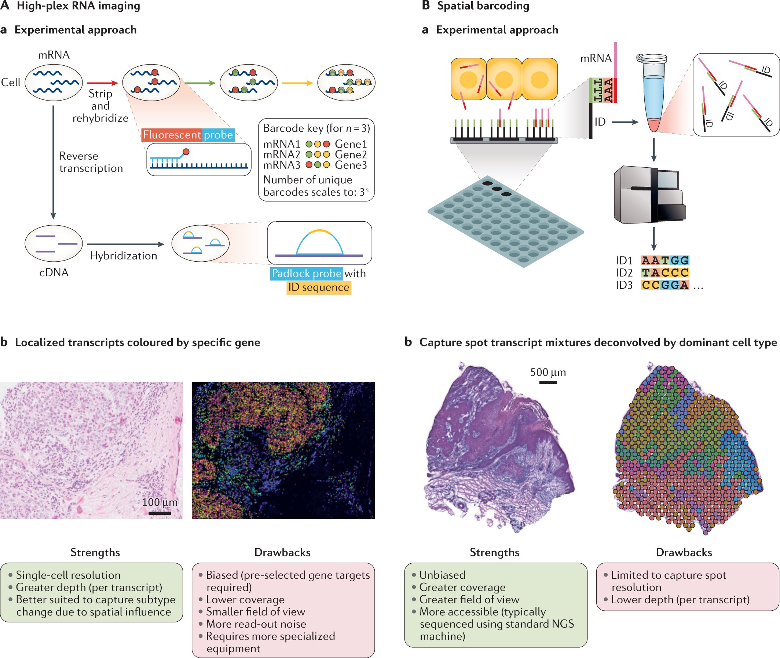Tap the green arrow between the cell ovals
[200, 83]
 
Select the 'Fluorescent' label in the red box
[172, 135]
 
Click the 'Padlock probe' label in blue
[306, 273]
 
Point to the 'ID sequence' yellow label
[319, 287]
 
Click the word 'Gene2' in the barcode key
[351, 154]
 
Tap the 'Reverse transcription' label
[91, 162]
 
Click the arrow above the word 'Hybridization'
[125, 244]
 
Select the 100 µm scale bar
[160, 513]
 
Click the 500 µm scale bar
[548, 382]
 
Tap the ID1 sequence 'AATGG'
[665, 260]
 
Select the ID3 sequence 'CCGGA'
[665, 285]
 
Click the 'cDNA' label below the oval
[54, 272]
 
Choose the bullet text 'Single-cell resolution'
[68, 575]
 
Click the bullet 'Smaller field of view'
[256, 611]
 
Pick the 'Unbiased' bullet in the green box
[442, 575]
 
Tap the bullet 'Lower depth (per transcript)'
[680, 599]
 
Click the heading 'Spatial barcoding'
[483, 6]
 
